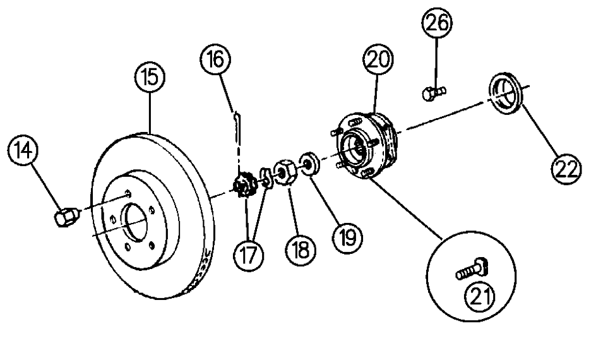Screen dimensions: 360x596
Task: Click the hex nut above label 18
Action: click(x=283, y=172)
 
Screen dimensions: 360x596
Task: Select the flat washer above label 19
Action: click(x=308, y=162)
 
